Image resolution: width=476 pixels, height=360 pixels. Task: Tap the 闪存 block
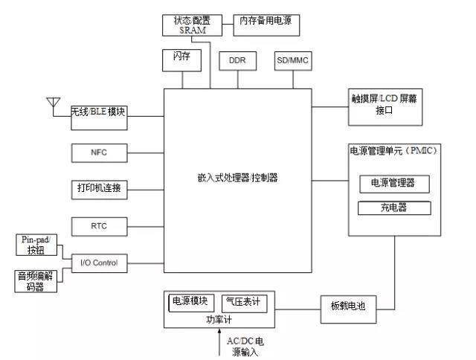click(x=181, y=60)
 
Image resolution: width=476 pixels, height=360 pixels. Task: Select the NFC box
click(x=99, y=152)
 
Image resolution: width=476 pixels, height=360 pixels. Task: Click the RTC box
click(x=99, y=225)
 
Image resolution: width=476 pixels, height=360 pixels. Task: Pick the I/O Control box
click(x=99, y=263)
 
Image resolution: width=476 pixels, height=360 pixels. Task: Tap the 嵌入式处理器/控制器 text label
click(x=238, y=179)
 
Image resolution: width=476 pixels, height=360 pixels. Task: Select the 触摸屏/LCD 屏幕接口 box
click(x=385, y=104)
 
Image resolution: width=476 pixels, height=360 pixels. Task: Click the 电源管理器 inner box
click(x=393, y=183)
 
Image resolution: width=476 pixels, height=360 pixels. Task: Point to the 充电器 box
click(x=393, y=208)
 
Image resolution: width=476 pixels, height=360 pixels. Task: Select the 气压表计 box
click(x=242, y=302)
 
